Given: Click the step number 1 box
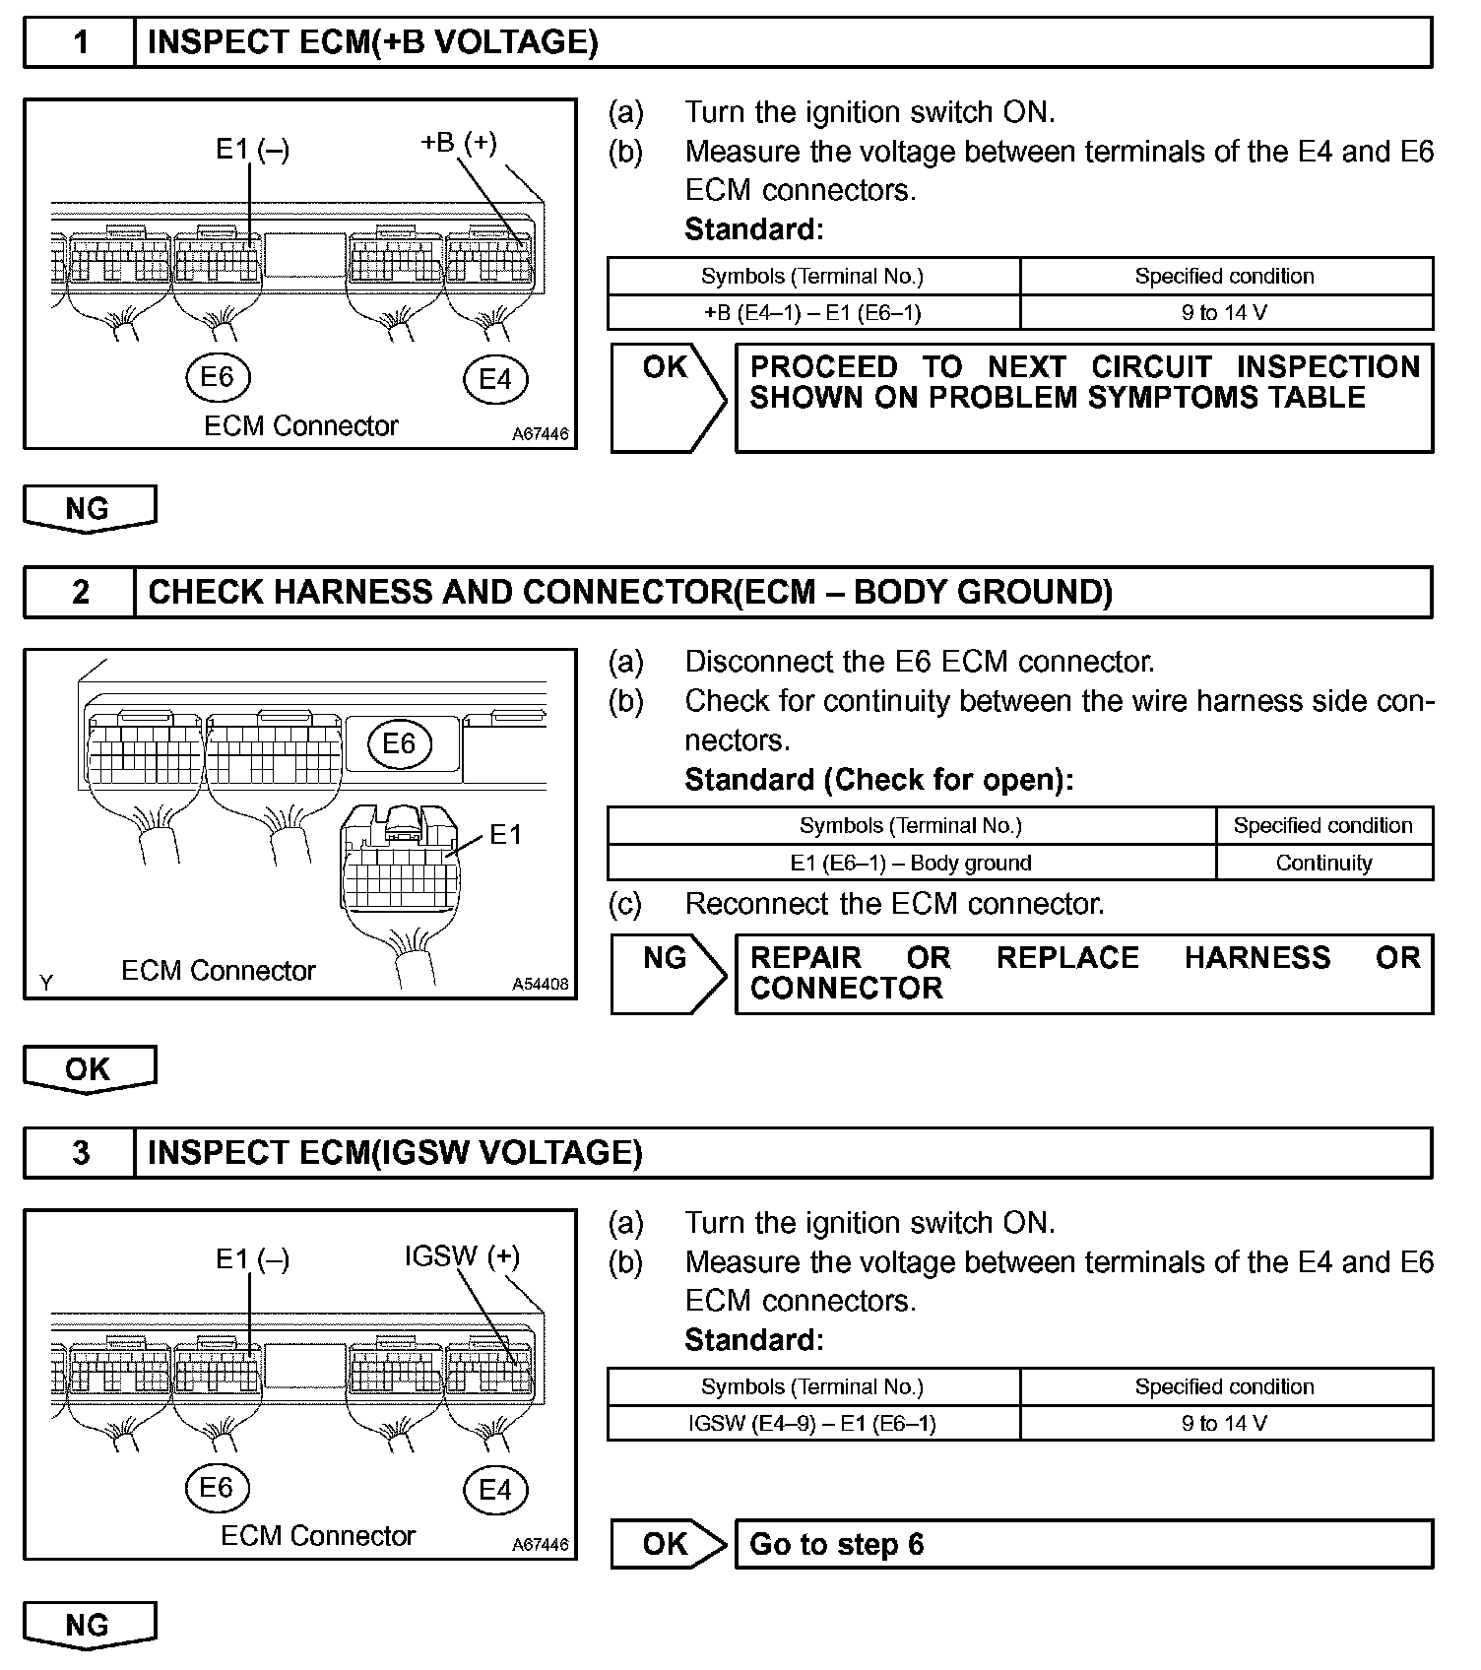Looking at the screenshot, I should (x=80, y=42).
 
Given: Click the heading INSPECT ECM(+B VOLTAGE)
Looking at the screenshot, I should (x=372, y=42).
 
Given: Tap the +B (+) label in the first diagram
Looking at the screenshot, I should (x=458, y=143).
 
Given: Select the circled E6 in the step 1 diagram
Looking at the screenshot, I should (x=218, y=377).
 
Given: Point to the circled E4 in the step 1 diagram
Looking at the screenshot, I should (x=495, y=379).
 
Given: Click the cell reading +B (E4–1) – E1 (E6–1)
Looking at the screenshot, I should (x=812, y=312).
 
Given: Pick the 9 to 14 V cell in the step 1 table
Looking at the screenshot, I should (x=1225, y=312).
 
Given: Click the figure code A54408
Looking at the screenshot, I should (x=540, y=984).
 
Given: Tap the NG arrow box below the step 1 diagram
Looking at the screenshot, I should (x=89, y=508).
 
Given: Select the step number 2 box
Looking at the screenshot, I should (x=80, y=592).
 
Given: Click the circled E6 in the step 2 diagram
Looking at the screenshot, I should (x=399, y=743).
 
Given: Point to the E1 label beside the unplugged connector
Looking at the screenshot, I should (x=505, y=835).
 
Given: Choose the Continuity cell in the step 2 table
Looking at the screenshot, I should (x=1323, y=863).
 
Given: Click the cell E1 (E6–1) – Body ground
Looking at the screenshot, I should (x=911, y=863).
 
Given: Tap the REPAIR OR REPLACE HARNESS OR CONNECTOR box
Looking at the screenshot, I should (x=1083, y=973).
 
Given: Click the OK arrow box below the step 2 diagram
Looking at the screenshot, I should (x=89, y=1069).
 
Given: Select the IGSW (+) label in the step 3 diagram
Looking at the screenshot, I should (x=461, y=1256).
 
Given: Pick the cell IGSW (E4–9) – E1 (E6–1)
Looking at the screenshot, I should (x=812, y=1423).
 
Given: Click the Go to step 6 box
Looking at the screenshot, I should (x=1083, y=1544).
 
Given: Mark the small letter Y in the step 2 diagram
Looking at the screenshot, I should (x=45, y=982).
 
